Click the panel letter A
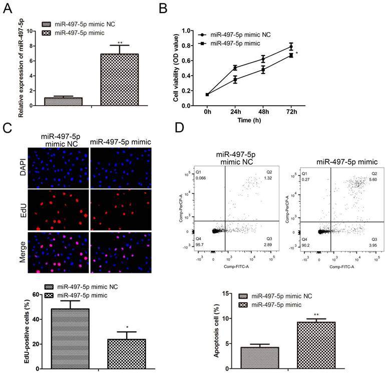click(x=7, y=8)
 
